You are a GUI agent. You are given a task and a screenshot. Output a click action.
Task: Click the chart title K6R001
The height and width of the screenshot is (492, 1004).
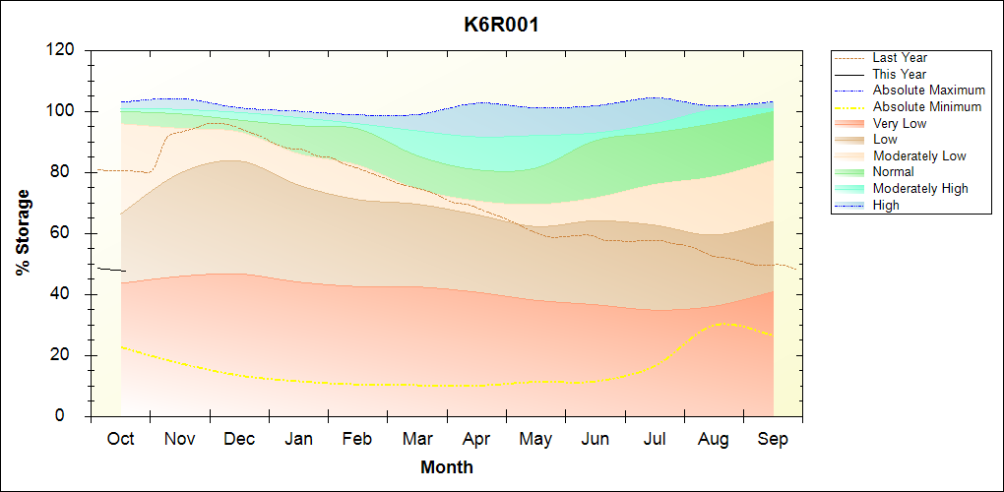[501, 25]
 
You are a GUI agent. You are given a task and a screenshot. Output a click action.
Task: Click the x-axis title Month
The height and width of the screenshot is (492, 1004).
[446, 467]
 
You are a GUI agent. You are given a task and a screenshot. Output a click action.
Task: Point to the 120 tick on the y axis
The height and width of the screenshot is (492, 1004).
[65, 50]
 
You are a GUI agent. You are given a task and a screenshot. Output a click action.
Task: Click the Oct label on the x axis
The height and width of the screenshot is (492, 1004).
[120, 439]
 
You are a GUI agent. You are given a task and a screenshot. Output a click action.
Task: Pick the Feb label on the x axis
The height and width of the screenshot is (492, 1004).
[357, 439]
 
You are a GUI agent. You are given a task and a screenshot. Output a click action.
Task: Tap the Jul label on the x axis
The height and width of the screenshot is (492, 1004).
[655, 439]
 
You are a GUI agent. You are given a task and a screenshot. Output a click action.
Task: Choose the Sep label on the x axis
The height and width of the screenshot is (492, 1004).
[773, 439]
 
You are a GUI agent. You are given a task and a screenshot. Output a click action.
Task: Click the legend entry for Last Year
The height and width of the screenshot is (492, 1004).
[900, 58]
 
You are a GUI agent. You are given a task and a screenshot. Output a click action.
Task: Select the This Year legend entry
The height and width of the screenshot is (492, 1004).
[900, 74]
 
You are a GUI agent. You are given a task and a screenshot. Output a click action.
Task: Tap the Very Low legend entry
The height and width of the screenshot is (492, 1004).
[900, 123]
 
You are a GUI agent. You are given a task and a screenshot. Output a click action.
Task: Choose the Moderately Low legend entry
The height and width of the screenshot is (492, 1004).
[919, 155]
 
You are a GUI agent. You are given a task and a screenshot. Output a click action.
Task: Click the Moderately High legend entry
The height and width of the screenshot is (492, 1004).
[920, 189]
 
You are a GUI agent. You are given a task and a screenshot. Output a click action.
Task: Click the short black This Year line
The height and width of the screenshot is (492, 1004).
[110, 269]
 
